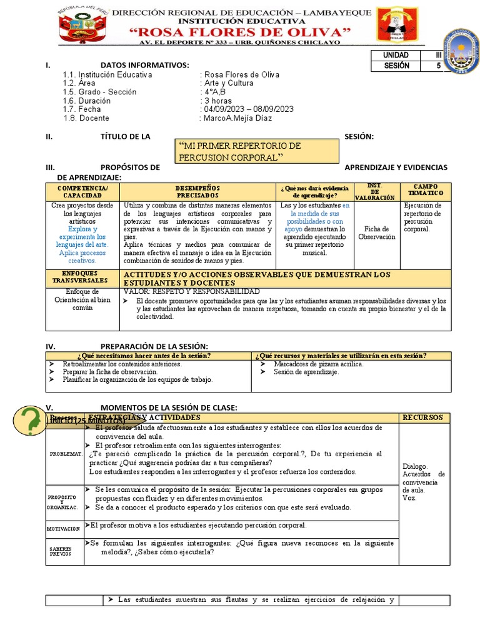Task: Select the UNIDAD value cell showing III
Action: (438, 55)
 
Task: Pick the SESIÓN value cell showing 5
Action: (438, 65)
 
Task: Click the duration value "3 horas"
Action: (216, 101)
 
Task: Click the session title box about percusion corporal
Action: (257, 151)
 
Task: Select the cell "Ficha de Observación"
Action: (376, 233)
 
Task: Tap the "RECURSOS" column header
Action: (422, 417)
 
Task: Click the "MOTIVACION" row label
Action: (64, 529)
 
